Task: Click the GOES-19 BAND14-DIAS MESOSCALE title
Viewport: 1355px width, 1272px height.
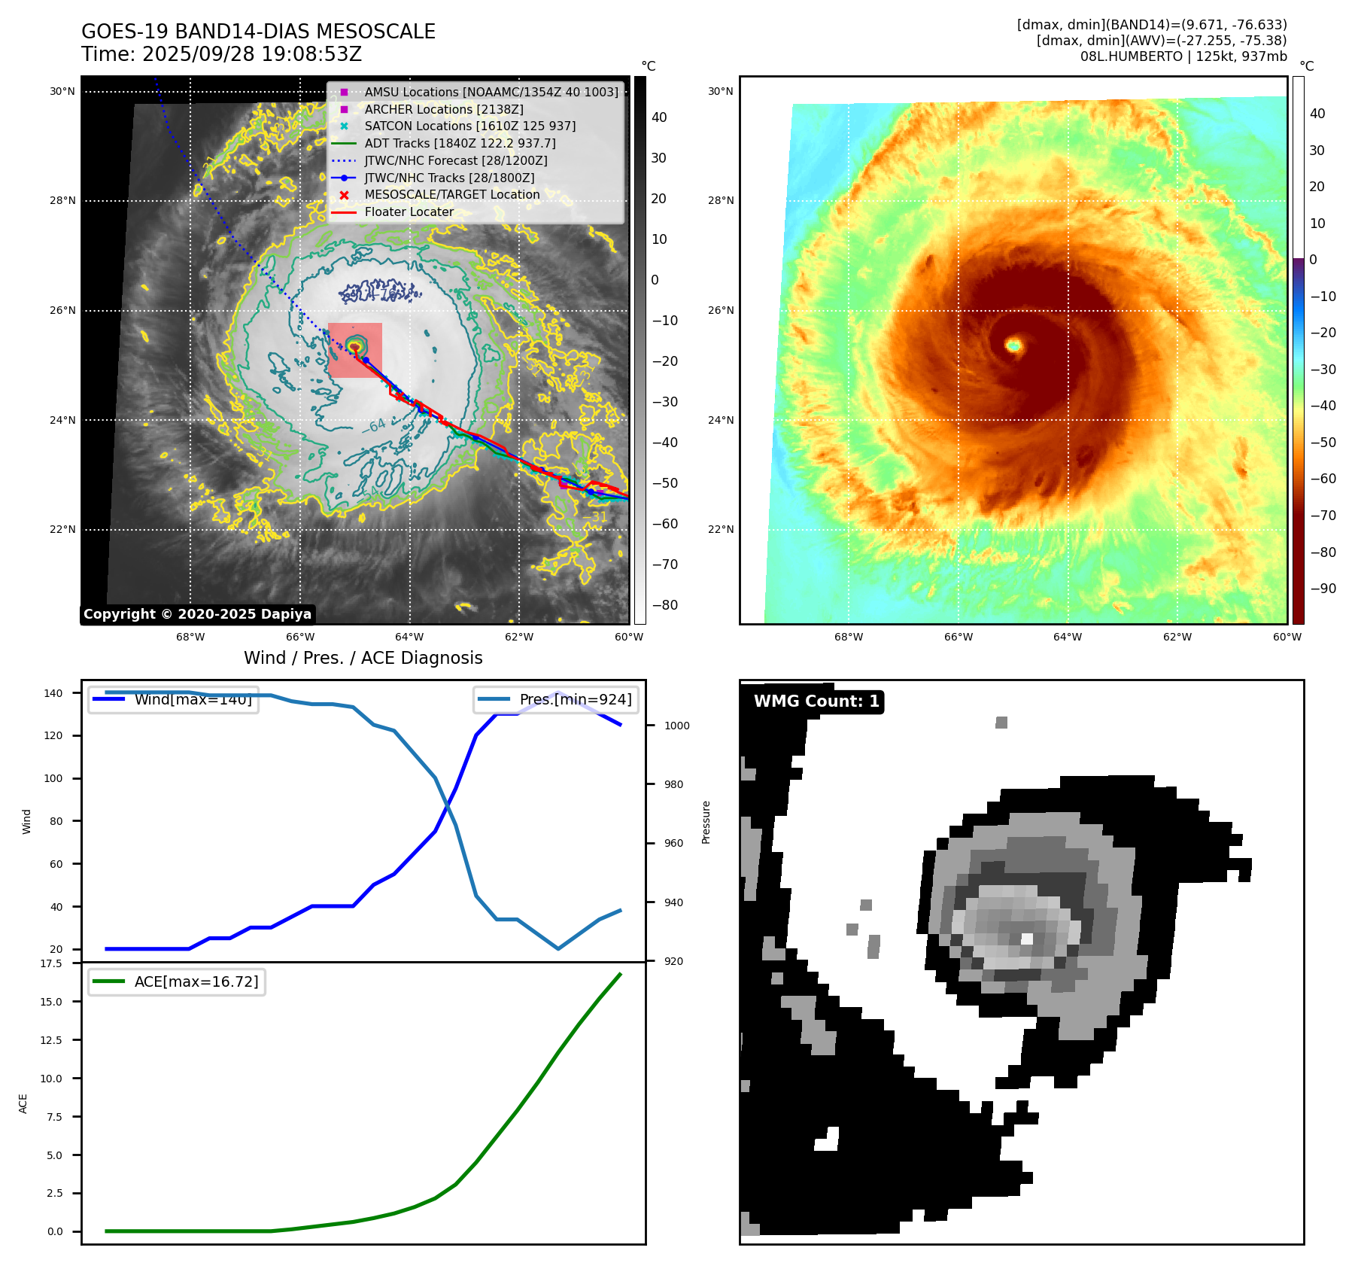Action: tap(258, 32)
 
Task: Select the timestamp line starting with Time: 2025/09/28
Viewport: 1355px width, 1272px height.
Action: tap(222, 54)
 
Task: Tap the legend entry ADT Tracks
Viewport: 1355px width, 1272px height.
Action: tap(460, 143)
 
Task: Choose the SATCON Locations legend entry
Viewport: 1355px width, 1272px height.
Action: tap(469, 126)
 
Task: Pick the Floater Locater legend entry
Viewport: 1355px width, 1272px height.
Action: tap(409, 211)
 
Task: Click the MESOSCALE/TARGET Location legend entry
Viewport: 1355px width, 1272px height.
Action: tap(451, 194)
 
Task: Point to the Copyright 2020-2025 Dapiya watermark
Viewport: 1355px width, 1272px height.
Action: tap(197, 614)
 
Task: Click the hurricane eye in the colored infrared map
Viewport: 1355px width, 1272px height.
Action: tap(1014, 345)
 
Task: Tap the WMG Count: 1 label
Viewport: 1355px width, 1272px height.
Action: tap(816, 701)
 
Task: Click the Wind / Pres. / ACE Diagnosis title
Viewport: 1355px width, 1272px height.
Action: tap(363, 658)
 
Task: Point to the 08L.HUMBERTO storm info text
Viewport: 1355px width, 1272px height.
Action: tap(1183, 56)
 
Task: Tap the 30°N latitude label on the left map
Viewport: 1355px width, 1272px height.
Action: tap(62, 92)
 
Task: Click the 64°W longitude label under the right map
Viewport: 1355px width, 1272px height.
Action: tap(1067, 637)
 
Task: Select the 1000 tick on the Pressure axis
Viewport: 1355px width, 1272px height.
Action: tap(676, 726)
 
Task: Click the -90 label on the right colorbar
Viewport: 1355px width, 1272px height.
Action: tap(1323, 589)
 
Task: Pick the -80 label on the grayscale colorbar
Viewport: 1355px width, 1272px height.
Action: tap(664, 605)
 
